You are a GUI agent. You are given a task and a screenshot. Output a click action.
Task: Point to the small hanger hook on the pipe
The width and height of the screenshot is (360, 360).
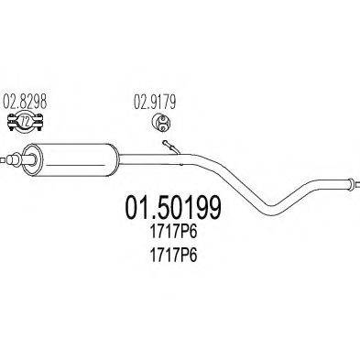point(167,147)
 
